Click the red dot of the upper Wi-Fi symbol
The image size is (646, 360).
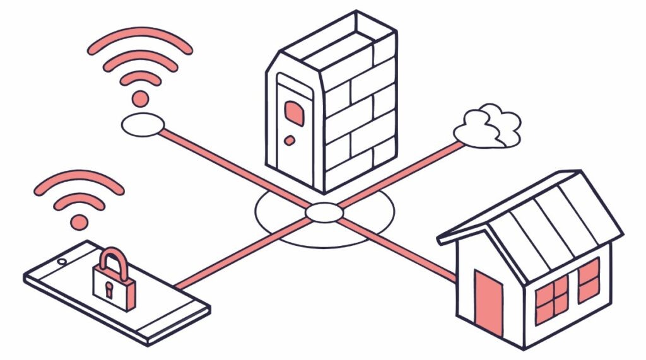tap(140, 98)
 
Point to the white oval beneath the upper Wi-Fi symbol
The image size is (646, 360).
tap(143, 124)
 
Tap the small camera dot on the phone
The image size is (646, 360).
tap(62, 261)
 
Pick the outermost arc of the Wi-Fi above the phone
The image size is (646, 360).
tap(79, 177)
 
